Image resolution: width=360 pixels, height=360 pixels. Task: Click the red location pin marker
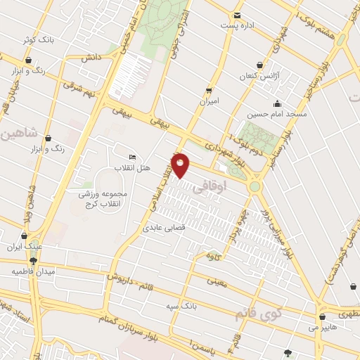(x=180, y=166)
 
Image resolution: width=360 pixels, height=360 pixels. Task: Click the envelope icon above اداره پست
(x=237, y=15)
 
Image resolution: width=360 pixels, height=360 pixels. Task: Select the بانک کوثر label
(x=38, y=40)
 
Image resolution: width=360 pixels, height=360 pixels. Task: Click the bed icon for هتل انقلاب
(x=132, y=157)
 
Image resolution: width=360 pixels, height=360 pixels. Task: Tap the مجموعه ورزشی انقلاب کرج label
(x=103, y=198)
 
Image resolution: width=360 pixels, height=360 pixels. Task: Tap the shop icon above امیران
(x=208, y=91)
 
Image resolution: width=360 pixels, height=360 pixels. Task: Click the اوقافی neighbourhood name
(x=221, y=188)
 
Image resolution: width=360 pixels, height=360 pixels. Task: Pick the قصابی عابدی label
(x=164, y=228)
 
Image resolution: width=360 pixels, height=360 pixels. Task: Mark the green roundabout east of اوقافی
(x=254, y=187)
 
